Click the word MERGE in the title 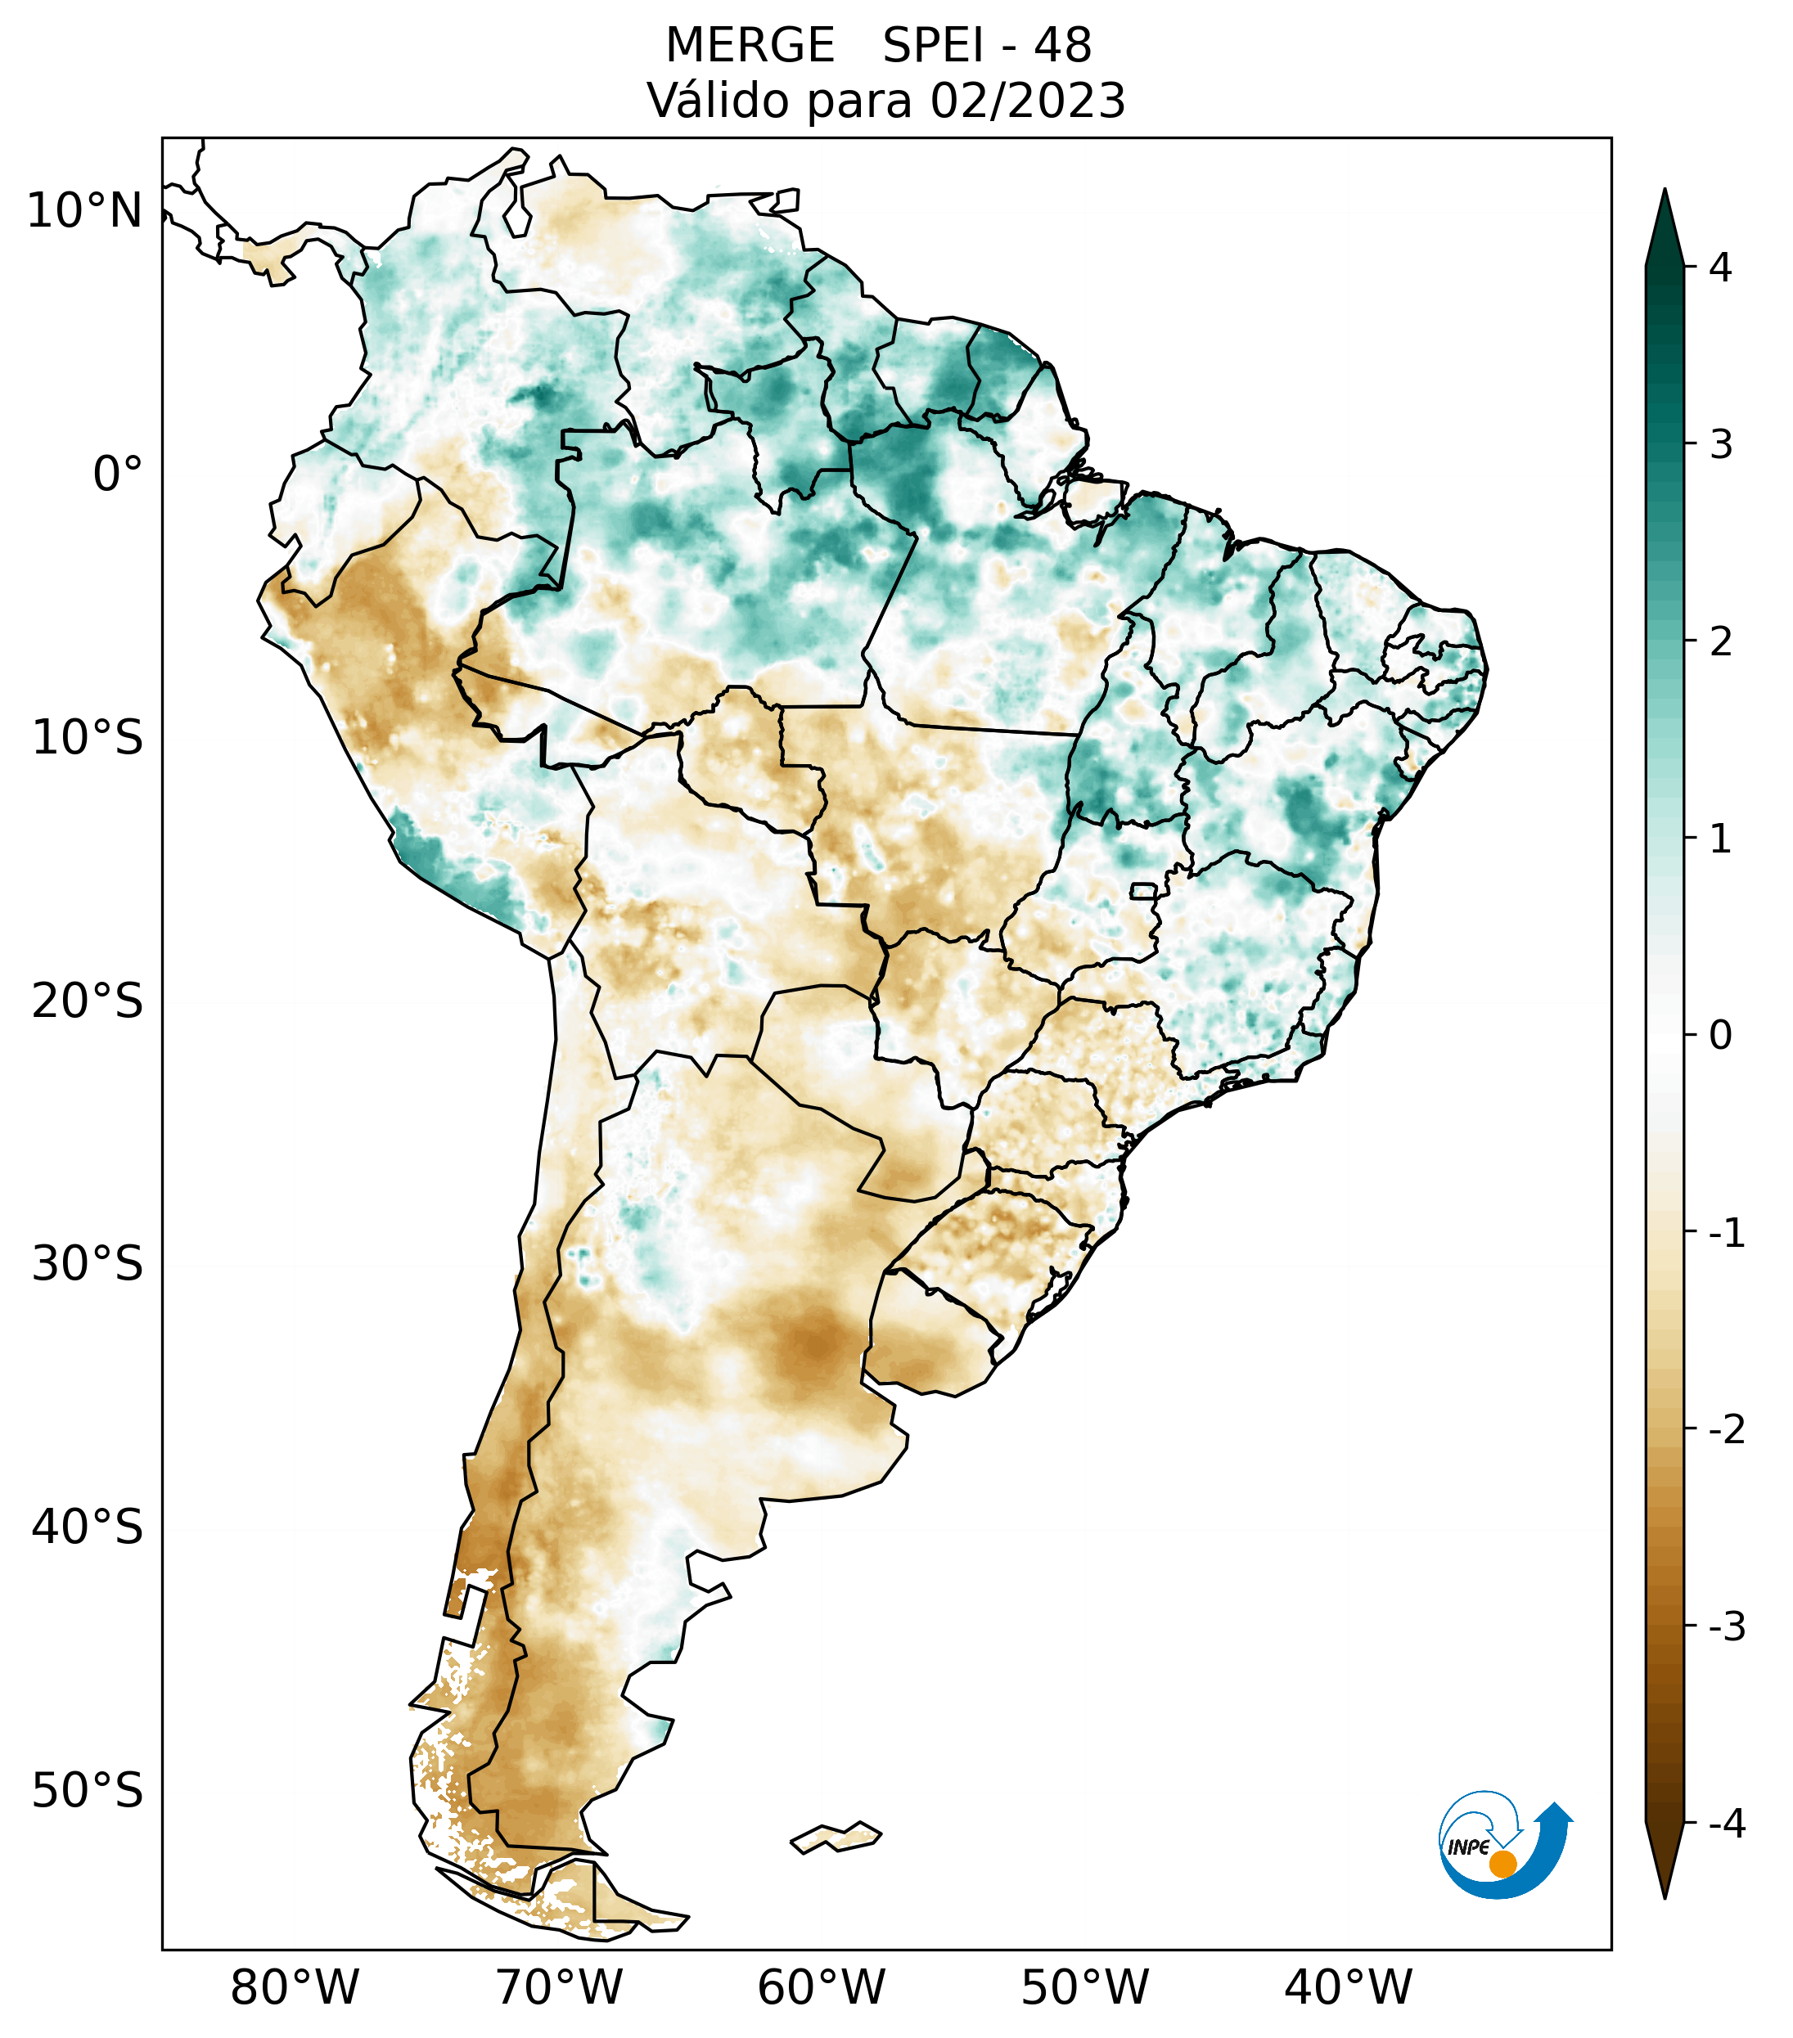(x=750, y=46)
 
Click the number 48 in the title (x=1063, y=46)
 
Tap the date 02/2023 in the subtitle (x=1027, y=101)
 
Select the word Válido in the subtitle (x=717, y=101)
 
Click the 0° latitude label (x=118, y=475)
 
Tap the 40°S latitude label (x=88, y=1527)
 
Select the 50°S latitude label (x=88, y=1792)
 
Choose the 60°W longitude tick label (x=821, y=1988)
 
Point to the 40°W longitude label (x=1349, y=1988)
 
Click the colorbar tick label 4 (x=1720, y=268)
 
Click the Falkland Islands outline (x=836, y=1837)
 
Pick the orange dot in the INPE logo (x=1502, y=1864)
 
